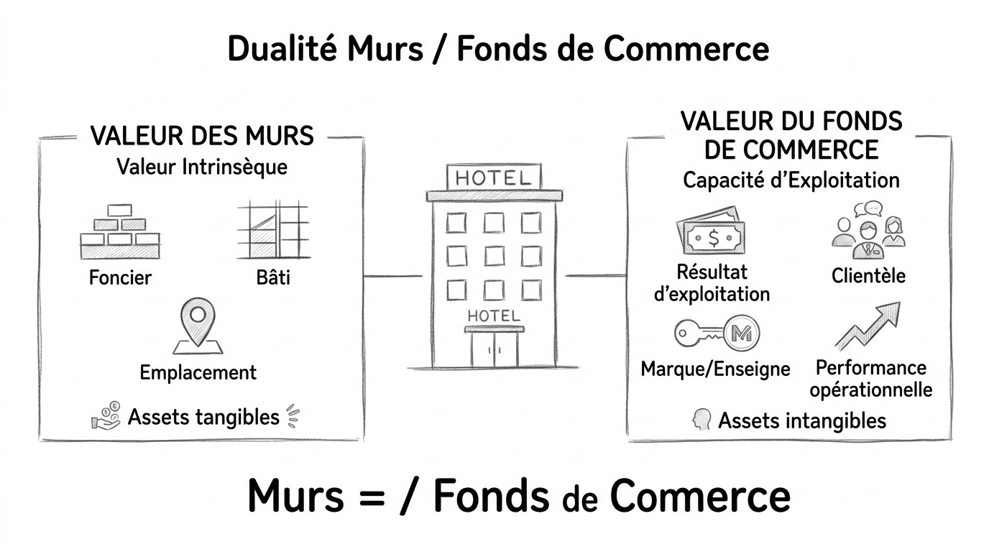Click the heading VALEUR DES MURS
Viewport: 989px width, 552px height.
pos(202,136)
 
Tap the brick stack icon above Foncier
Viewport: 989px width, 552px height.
pos(119,231)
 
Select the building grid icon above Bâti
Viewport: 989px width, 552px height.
pos(273,229)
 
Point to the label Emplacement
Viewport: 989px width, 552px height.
pos(198,372)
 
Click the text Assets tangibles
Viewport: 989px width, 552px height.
pos(203,416)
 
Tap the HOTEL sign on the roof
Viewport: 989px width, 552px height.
pos(494,178)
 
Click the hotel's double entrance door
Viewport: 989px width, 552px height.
pos(494,349)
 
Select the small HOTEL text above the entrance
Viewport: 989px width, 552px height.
pos(494,315)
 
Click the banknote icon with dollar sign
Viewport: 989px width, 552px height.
pos(711,234)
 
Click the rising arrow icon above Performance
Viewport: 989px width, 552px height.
pos(868,327)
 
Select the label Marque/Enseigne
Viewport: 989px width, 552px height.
pos(715,369)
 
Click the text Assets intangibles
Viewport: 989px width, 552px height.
pos(801,420)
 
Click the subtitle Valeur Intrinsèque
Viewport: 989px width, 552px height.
pos(202,167)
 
